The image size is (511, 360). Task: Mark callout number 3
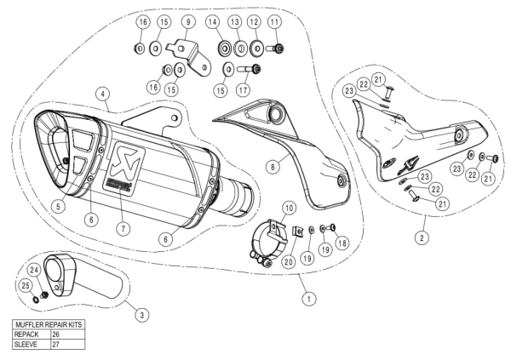coord(142,314)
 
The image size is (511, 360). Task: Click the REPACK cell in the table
coord(26,335)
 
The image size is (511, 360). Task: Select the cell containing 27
coord(56,345)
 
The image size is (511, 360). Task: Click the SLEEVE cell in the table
coord(26,345)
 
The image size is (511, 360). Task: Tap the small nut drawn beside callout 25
coord(37,298)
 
